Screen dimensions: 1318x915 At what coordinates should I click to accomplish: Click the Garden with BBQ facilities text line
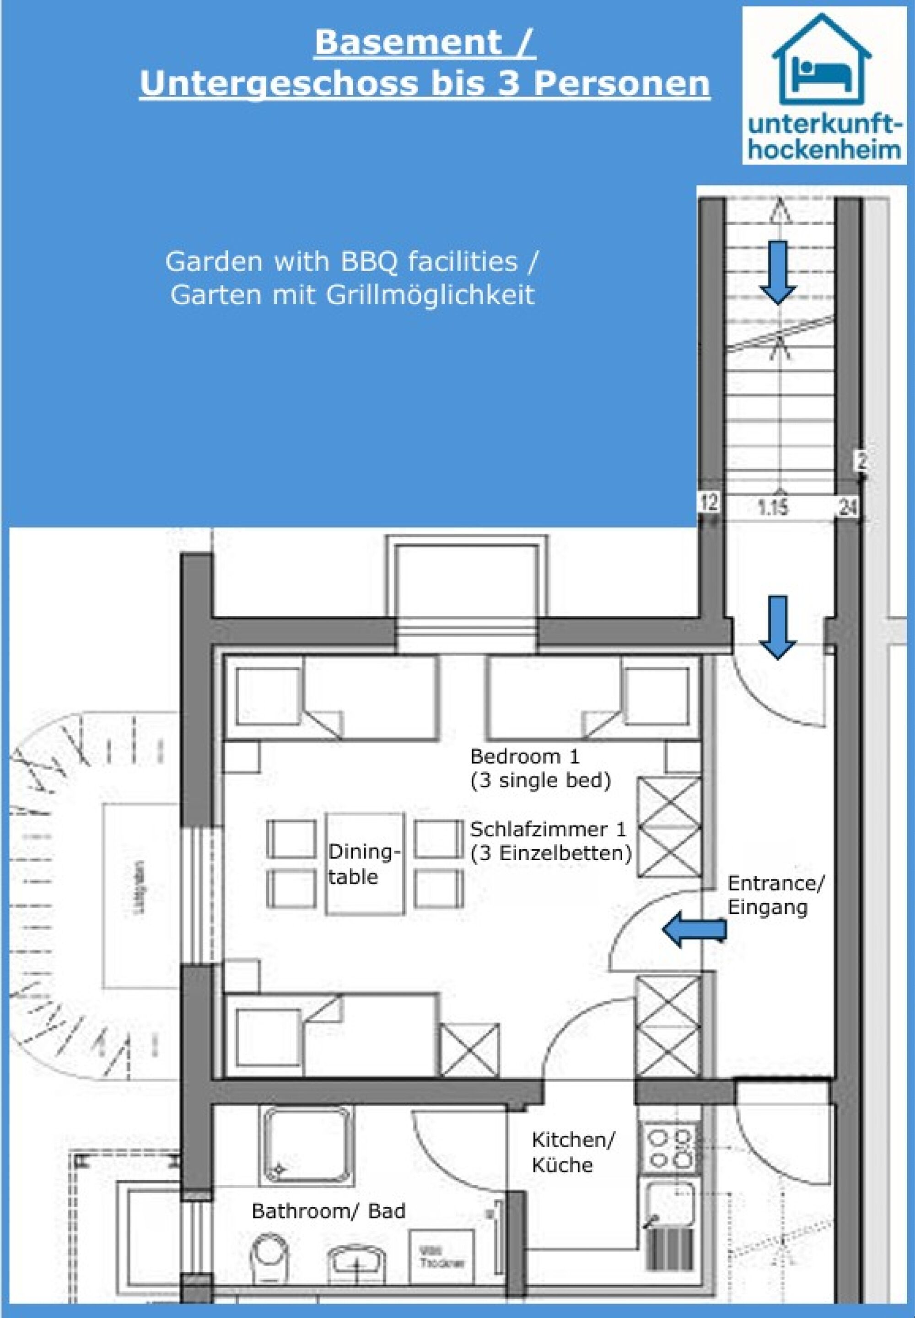352,261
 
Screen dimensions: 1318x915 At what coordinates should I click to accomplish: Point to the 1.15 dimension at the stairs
772,508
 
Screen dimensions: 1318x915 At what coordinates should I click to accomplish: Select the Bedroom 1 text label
525,756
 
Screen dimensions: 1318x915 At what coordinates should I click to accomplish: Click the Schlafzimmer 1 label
548,830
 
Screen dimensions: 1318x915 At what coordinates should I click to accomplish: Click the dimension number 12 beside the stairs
709,503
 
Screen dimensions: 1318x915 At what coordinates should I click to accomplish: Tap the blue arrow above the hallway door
777,627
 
